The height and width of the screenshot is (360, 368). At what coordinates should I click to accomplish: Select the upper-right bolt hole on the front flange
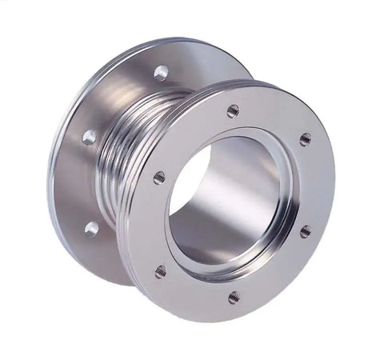(305, 139)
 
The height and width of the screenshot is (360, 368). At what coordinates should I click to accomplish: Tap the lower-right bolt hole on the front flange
(305, 231)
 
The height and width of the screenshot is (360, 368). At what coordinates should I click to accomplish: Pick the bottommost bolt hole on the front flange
(233, 297)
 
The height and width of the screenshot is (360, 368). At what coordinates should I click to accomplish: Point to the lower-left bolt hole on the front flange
(161, 270)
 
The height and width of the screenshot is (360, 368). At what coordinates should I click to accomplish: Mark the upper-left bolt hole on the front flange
(159, 177)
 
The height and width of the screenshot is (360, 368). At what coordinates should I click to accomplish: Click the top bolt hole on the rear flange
(161, 72)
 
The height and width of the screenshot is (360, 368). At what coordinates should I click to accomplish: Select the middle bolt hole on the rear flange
(90, 137)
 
